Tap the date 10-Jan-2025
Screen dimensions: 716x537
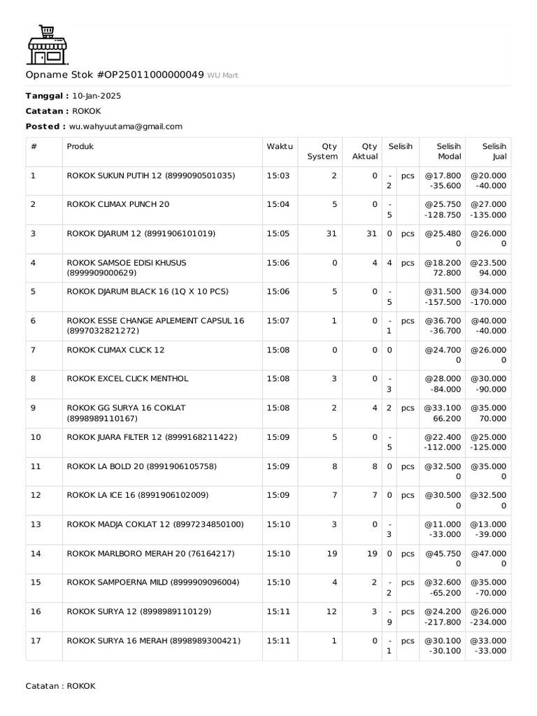tap(96, 96)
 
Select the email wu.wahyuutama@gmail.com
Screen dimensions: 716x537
tap(126, 127)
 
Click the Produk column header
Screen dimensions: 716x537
tap(80, 147)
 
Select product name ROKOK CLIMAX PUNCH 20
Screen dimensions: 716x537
tap(117, 204)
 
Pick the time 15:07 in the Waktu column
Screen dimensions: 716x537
tap(278, 320)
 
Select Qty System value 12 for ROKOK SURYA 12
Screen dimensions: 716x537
tap(332, 611)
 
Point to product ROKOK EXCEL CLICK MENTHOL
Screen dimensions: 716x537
tap(127, 378)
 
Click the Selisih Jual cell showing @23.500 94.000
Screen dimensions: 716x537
tap(489, 268)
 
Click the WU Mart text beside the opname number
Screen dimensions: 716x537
tap(222, 76)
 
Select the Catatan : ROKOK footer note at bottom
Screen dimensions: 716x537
tap(60, 686)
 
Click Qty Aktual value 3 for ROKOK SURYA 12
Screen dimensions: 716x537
tap(375, 611)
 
